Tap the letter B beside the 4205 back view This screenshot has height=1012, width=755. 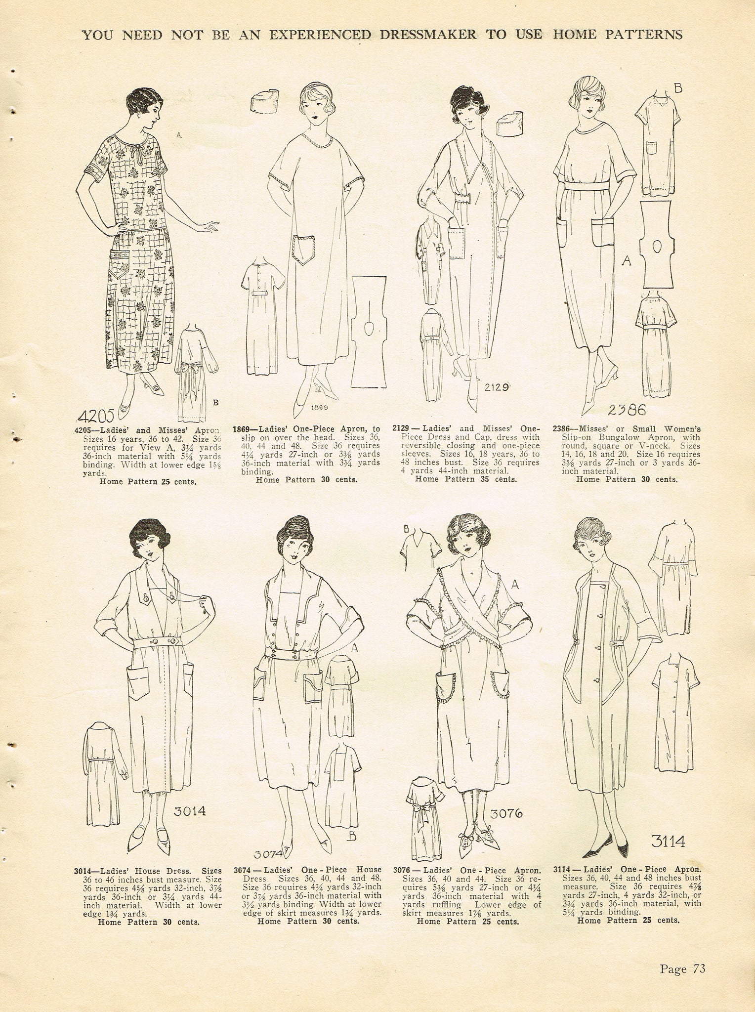215,402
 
